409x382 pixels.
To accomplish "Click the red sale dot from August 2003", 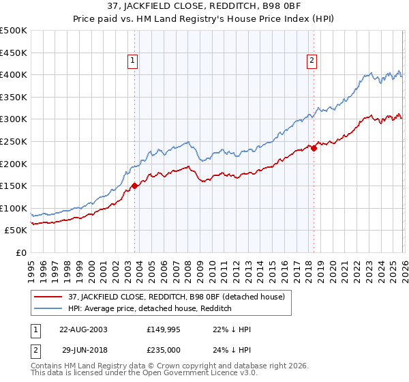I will [x=135, y=185].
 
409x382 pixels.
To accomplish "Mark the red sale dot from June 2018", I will [x=314, y=148].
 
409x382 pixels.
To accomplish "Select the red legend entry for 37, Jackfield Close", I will [x=180, y=297].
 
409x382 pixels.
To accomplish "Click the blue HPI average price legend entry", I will [x=150, y=309].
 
